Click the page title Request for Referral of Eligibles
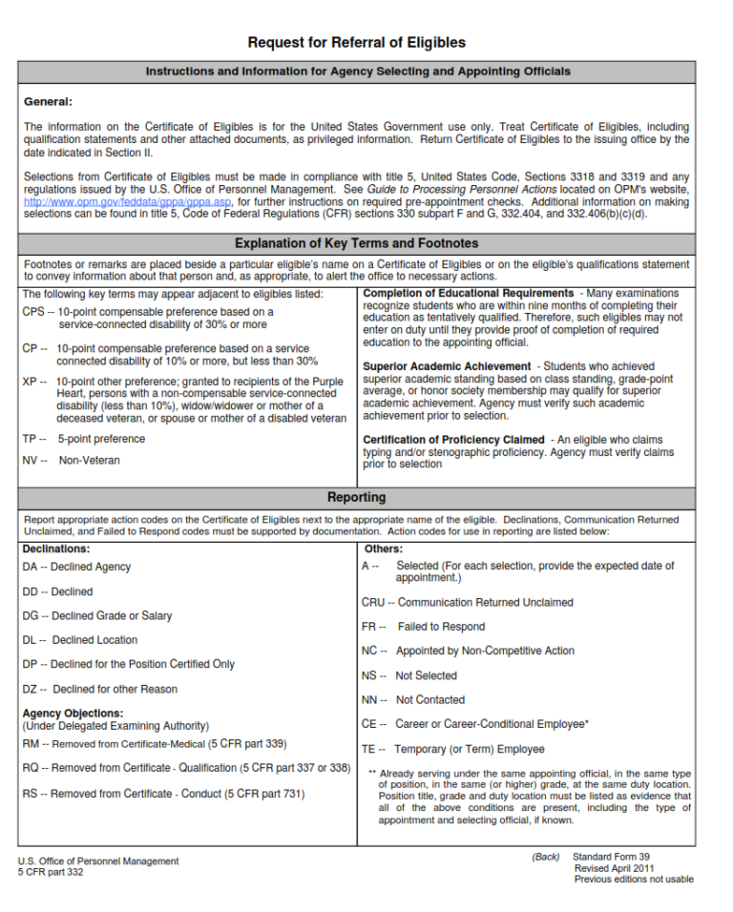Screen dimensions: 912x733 357,43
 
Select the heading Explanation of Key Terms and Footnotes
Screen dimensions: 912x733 357,243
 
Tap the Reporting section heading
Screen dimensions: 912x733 357,497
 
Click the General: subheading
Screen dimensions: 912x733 48,101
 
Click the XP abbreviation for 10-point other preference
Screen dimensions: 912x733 31,382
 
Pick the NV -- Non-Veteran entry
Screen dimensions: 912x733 72,460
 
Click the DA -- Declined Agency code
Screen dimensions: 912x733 76,567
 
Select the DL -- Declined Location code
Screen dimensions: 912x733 80,640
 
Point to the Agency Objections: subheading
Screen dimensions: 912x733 73,713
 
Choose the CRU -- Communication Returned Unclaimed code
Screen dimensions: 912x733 468,602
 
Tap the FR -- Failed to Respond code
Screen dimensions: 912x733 423,627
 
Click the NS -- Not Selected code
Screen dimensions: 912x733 409,675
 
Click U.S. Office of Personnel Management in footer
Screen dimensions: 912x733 98,861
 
